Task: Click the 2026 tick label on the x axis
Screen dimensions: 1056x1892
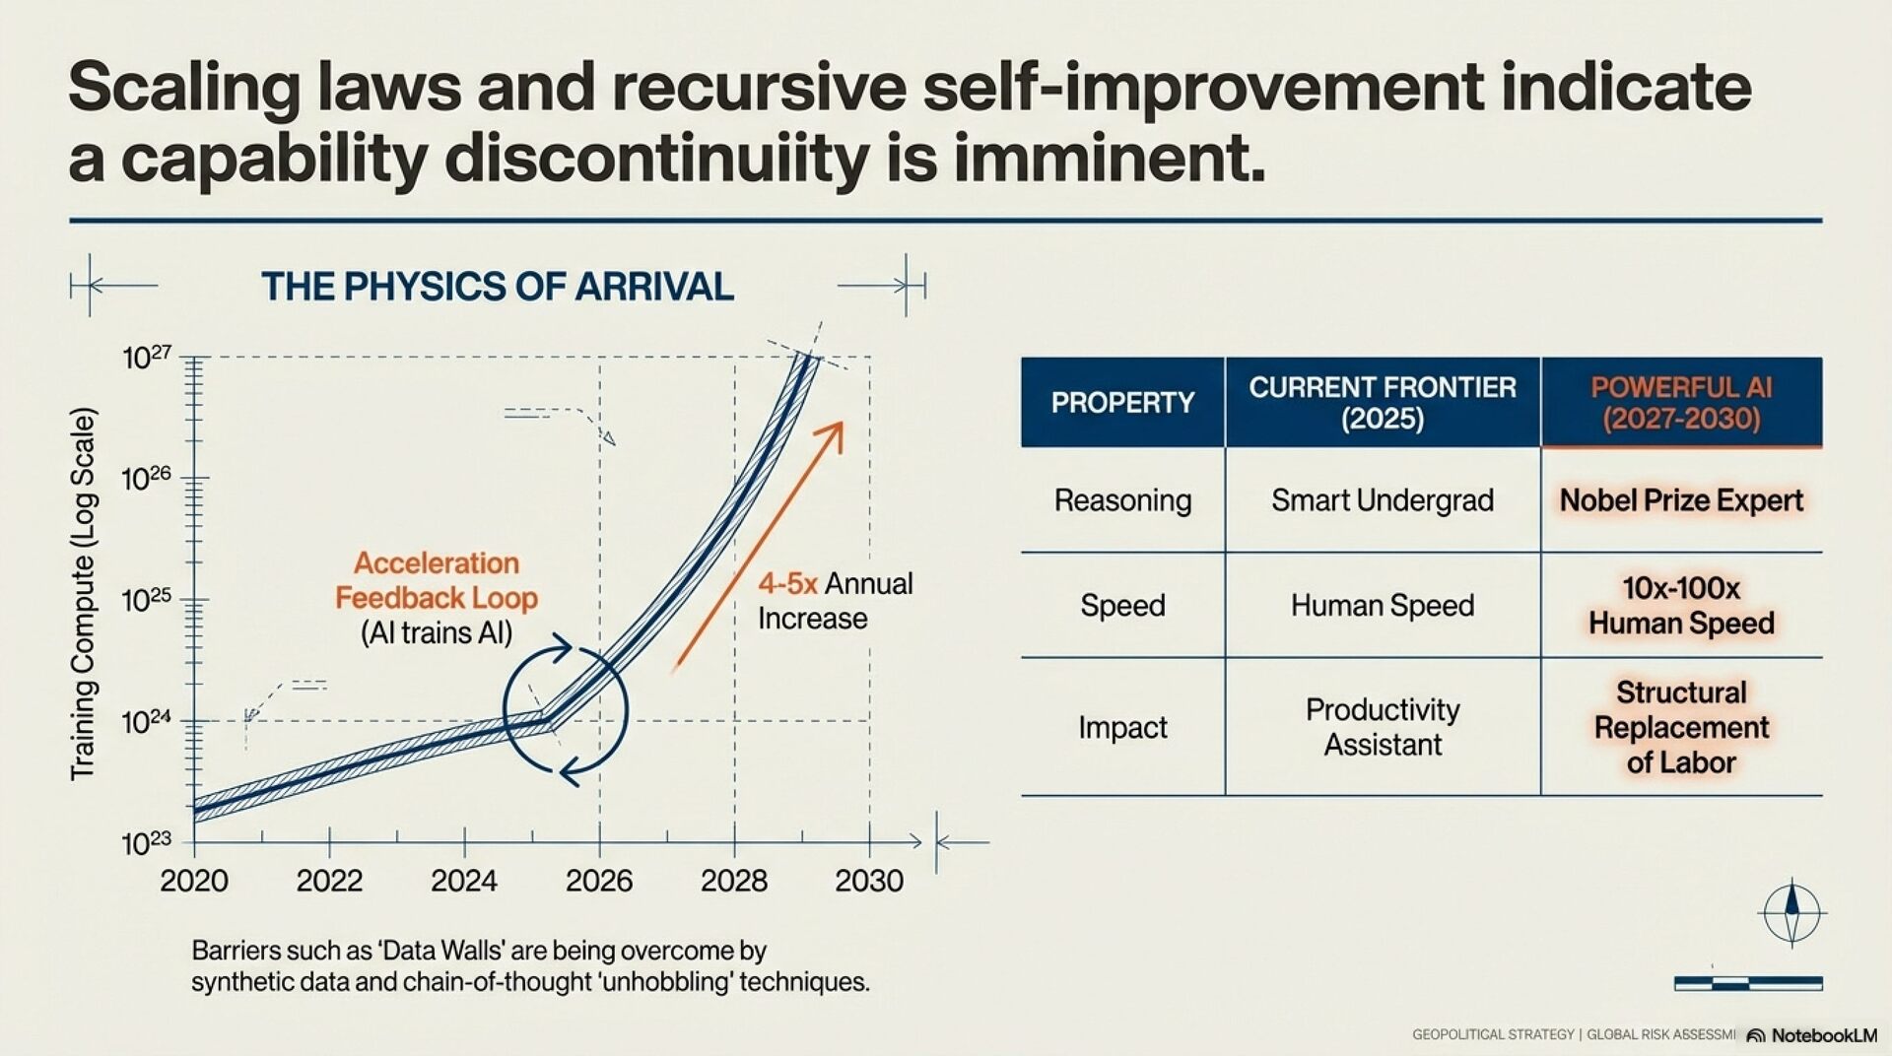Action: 599,880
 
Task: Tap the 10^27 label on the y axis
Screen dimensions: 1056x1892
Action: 147,358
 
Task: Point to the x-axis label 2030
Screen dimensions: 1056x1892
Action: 868,880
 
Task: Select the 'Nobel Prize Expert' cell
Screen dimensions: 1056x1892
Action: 1681,500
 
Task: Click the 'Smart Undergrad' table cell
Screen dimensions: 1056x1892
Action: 1382,500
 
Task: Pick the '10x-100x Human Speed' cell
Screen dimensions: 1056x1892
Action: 1681,606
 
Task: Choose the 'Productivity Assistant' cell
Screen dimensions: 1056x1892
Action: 1382,727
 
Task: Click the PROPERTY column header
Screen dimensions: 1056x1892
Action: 1122,403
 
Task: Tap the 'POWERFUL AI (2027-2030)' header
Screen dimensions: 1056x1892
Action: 1681,403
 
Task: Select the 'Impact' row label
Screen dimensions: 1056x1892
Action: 1122,727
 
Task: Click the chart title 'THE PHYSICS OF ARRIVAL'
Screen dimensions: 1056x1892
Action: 498,287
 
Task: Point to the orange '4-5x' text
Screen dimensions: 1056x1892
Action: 787,584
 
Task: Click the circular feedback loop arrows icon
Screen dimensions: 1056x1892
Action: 566,709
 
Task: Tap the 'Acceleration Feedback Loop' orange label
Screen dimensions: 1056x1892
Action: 437,580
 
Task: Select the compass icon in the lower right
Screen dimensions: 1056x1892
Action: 1791,913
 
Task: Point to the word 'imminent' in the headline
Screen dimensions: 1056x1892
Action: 1108,159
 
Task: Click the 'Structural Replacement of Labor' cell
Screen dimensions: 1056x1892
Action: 1681,727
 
